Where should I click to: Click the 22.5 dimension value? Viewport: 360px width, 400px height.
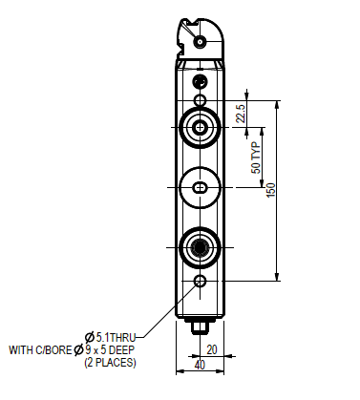241,114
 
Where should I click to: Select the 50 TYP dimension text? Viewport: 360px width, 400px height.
256,158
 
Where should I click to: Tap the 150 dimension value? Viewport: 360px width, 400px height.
270,190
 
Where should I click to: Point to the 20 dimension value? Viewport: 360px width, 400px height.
212,349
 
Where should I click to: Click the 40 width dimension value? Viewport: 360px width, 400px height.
200,366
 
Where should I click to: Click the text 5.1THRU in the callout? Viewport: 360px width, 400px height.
116,337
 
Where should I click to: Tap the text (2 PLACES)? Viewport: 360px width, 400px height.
110,363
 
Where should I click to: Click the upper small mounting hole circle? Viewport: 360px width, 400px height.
201,100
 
